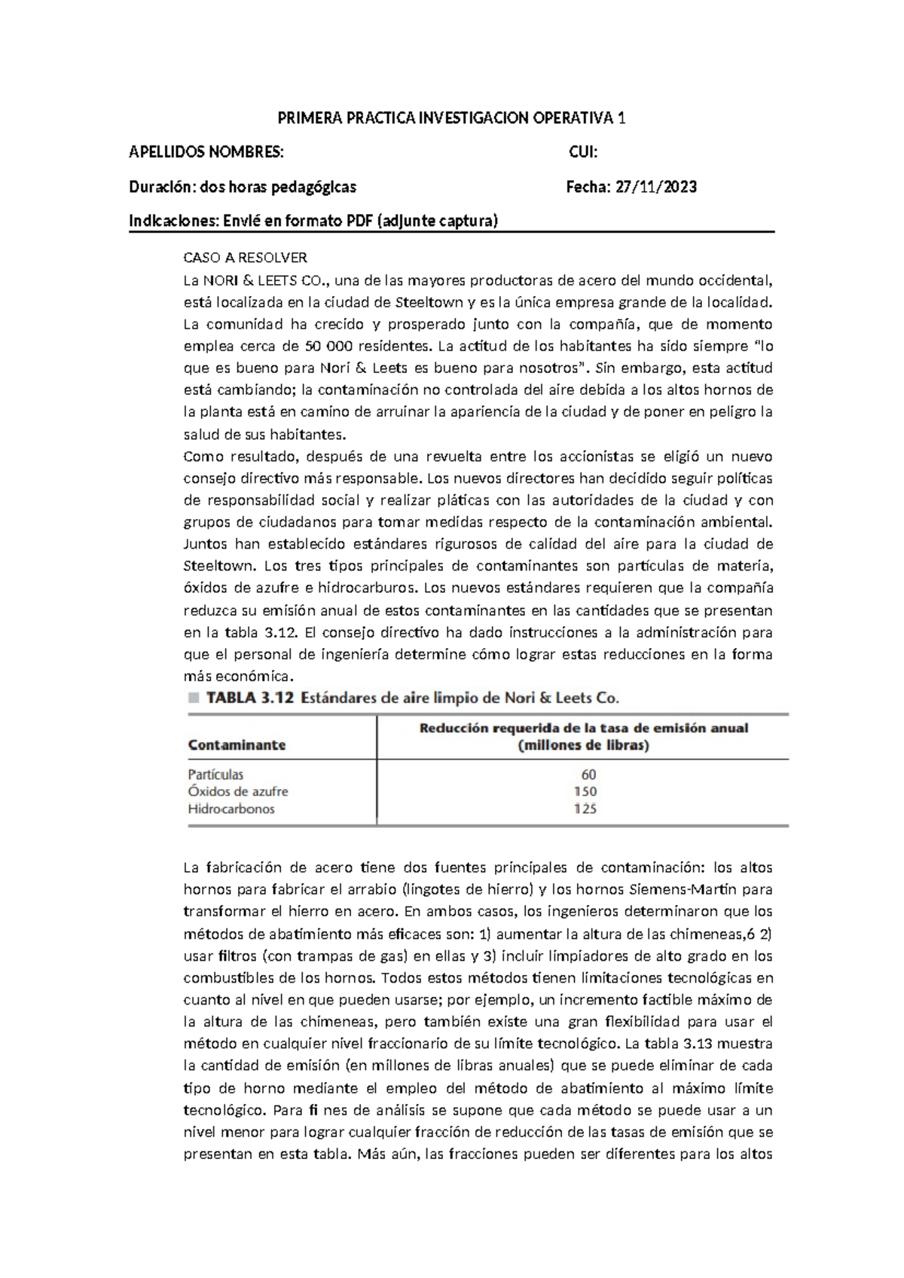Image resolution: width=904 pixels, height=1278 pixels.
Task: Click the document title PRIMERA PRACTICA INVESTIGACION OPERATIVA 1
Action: tap(452, 118)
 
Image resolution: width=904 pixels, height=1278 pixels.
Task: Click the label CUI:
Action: tap(582, 153)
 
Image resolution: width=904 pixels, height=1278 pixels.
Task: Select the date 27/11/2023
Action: tap(655, 187)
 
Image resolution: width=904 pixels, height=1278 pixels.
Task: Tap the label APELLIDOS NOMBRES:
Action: tap(207, 153)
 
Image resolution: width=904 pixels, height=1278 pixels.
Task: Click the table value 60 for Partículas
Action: tap(588, 775)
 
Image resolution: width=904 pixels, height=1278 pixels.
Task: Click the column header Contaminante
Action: tap(237, 745)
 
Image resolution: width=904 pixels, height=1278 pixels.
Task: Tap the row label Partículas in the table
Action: tap(215, 775)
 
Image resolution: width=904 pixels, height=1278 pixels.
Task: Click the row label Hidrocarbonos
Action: tap(231, 809)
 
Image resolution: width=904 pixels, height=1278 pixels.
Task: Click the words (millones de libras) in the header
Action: tap(584, 746)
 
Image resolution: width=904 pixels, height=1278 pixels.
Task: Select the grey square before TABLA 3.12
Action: tap(194, 698)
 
